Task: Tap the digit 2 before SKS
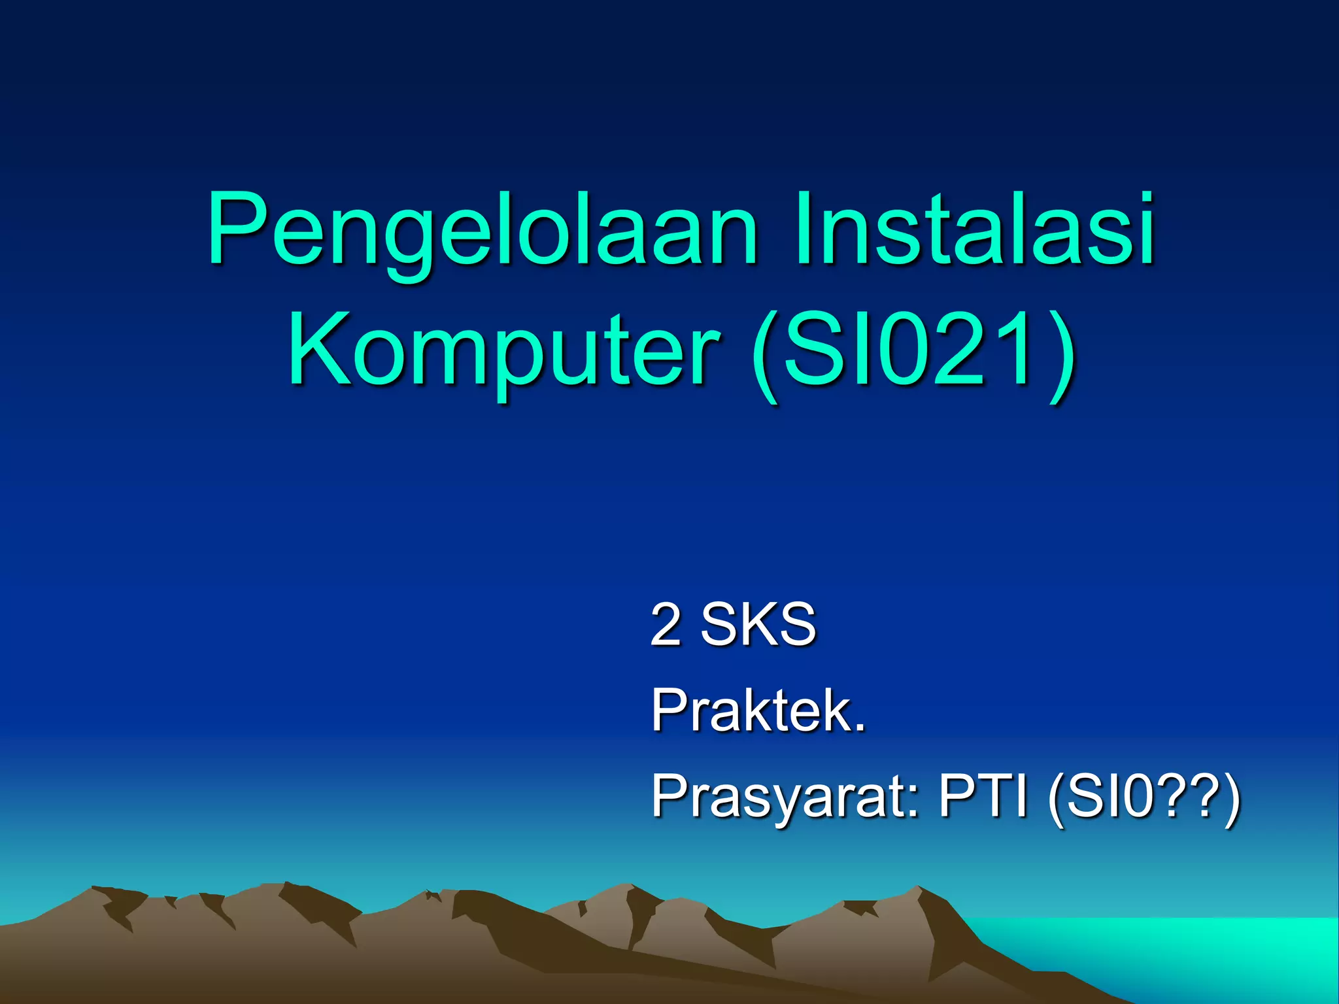[x=666, y=624]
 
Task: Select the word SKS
[x=758, y=624]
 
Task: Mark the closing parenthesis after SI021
[x=1060, y=356]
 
